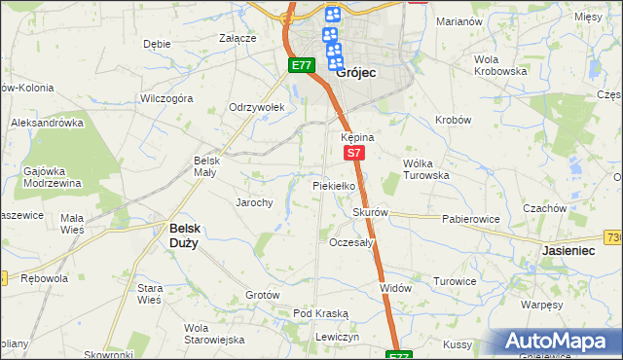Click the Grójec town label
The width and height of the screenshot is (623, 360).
(x=355, y=72)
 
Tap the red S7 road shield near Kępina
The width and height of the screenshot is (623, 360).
(x=354, y=153)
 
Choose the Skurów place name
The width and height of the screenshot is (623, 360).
(x=371, y=212)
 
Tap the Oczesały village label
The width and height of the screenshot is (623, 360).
(x=352, y=242)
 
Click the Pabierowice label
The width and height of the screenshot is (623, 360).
(x=470, y=219)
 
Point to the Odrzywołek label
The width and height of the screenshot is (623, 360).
(x=255, y=107)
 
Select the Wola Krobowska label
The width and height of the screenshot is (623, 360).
(x=500, y=65)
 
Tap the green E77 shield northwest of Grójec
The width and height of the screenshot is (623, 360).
(x=301, y=65)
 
